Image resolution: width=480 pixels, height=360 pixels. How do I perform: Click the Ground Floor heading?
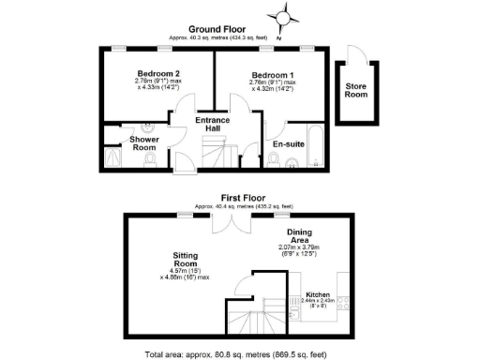point(217,29)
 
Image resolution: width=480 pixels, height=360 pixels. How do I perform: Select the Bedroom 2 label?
point(157,73)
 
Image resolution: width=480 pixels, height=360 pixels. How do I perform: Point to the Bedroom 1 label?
point(273,73)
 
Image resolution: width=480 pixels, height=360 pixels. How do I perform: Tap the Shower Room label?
point(144,143)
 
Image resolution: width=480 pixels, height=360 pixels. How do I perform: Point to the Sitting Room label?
point(188,259)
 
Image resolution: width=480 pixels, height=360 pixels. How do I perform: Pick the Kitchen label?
point(319,294)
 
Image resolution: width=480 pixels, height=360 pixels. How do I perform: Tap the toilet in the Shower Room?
point(152,160)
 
